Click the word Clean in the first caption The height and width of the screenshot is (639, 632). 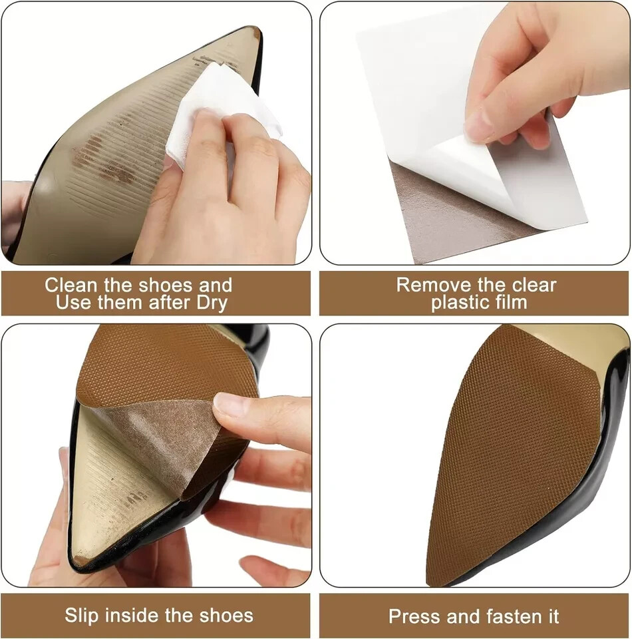(x=69, y=285)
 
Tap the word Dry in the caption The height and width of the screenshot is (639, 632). (x=213, y=303)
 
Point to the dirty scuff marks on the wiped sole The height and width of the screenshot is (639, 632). (x=100, y=160)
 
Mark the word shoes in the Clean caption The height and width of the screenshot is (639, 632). (x=160, y=285)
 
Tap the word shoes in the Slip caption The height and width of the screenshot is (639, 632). (x=226, y=615)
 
